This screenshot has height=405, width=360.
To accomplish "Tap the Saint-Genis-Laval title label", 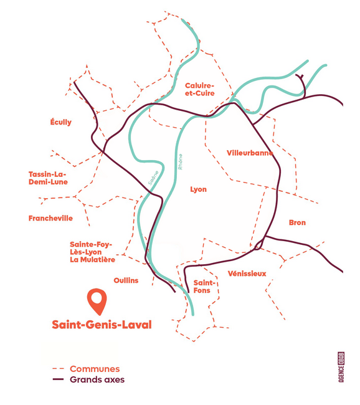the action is click(102, 325).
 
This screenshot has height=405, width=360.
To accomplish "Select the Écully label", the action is click(60, 122).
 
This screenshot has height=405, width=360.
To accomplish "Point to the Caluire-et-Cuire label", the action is click(200, 89).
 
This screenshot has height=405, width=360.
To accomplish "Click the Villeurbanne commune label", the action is click(250, 153).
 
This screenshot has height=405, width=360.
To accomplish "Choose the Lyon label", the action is click(198, 189).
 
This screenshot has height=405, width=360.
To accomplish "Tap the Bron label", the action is click(297, 222).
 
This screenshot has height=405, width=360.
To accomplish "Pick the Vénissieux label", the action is click(247, 274).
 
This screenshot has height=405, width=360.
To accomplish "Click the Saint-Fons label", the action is click(204, 287).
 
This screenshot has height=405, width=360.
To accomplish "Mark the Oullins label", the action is click(126, 280).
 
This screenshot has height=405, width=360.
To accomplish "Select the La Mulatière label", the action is click(92, 260).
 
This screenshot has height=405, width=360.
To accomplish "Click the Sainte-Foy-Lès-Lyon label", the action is click(91, 248).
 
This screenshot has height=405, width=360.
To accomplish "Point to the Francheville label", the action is click(50, 218).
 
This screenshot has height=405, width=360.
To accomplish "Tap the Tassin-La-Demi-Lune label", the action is click(48, 178).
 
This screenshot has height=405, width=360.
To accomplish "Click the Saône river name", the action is click(153, 178).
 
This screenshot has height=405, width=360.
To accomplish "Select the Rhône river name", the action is click(180, 162).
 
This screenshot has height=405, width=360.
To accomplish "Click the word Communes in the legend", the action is click(95, 369).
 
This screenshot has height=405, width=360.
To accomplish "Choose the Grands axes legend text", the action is click(97, 379).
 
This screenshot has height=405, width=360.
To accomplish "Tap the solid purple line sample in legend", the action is click(58, 379).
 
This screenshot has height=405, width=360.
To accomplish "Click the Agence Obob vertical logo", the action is click(341, 367).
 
